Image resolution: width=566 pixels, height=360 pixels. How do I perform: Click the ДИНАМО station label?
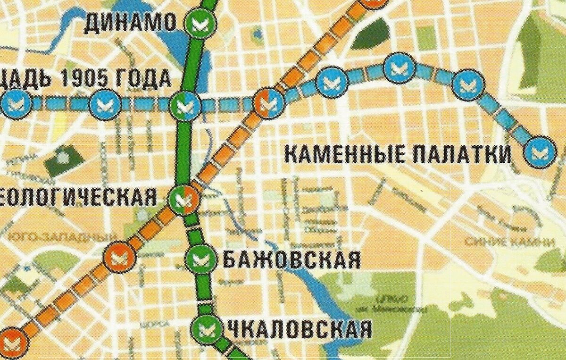click(130, 23)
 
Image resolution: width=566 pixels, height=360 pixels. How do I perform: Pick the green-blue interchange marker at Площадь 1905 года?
click(185, 106)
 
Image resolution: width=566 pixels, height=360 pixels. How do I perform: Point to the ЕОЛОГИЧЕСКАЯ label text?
click(78, 197)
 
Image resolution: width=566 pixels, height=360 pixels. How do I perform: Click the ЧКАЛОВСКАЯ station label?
click(299, 329)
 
